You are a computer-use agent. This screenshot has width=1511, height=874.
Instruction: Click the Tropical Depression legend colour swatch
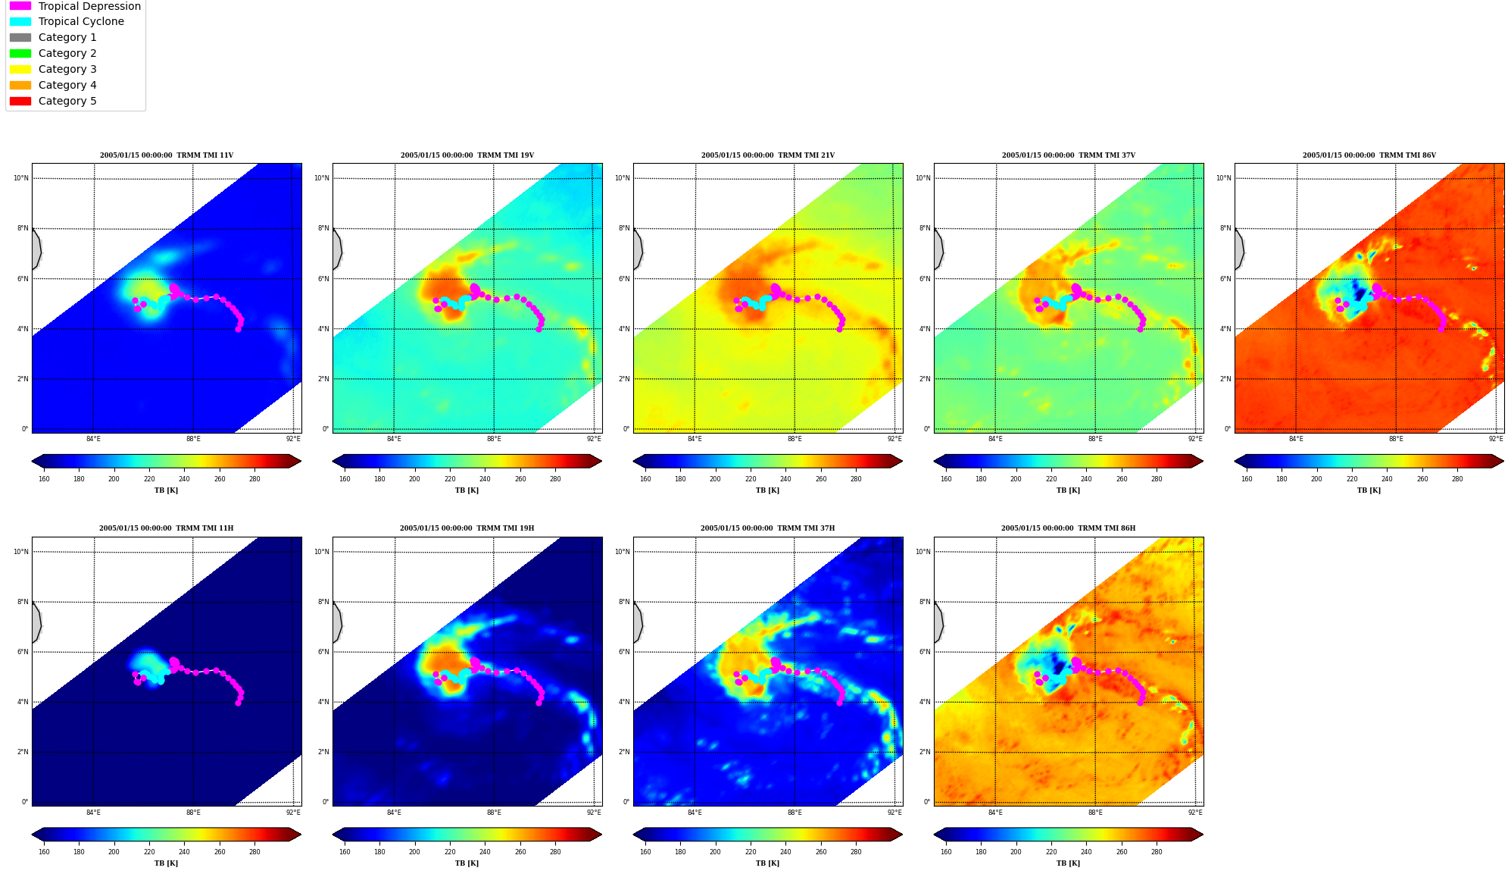(20, 6)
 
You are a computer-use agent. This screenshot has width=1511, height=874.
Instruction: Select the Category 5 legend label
(67, 101)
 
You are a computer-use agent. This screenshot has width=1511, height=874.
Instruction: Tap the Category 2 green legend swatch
(20, 53)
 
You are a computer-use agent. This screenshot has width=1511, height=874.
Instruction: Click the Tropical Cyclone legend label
(81, 21)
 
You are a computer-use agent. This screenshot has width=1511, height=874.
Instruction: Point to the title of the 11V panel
(167, 155)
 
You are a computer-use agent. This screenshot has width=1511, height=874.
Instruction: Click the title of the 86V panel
(1369, 155)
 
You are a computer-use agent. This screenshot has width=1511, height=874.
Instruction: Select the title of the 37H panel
(767, 528)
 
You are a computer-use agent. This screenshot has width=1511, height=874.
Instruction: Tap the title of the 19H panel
(467, 528)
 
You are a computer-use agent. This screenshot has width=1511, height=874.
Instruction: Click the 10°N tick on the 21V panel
(622, 178)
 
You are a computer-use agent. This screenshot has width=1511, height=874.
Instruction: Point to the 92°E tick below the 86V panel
(1496, 439)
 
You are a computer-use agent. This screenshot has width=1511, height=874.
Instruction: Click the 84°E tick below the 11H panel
(93, 813)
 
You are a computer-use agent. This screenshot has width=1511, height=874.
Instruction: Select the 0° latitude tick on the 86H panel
(927, 802)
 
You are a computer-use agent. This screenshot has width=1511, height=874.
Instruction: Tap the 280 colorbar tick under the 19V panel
(555, 479)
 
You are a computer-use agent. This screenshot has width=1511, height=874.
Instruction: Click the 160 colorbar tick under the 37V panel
(946, 479)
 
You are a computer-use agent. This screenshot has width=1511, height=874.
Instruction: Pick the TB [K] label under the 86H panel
(1068, 863)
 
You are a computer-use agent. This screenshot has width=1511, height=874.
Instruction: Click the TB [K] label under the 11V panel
(167, 490)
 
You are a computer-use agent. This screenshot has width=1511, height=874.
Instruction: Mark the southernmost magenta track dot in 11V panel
(238, 329)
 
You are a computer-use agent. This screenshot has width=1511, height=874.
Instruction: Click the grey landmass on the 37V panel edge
(938, 249)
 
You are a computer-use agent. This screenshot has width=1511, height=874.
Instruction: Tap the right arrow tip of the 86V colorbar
(1503, 461)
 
